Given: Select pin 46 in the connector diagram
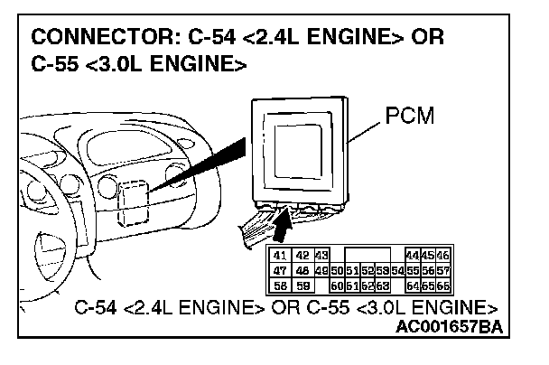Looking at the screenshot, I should (x=442, y=257).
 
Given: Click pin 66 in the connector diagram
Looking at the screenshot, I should (x=442, y=285).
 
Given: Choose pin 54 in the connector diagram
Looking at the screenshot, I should (x=397, y=270).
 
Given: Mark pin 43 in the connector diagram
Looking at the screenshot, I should (x=321, y=257).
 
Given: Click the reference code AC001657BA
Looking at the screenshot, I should (x=449, y=326).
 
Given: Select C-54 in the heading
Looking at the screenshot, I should (x=209, y=41).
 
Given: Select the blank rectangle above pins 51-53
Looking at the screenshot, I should (x=365, y=257).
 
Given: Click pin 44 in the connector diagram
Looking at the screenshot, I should (x=413, y=257).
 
